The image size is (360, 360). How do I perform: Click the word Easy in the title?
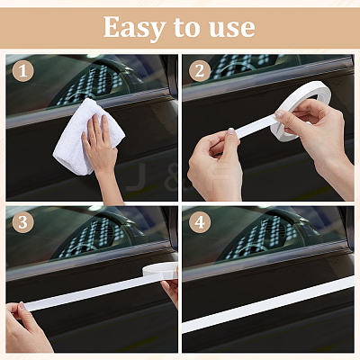coord(134,28)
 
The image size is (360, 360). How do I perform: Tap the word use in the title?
coord(232,28)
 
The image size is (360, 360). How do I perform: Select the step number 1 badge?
coord(23,71)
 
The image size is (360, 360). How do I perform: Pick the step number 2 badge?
coord(200,71)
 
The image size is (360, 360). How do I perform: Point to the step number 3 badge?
coord(23,222)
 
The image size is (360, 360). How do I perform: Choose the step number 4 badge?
coord(200,222)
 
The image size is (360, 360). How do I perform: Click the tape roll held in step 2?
coord(301,111)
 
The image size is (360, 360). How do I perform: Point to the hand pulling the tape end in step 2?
coord(214,164)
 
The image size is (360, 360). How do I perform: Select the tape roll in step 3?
coord(160,270)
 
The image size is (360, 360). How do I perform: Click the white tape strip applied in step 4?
coord(268,305)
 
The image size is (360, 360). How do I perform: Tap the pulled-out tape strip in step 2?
coord(255,127)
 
